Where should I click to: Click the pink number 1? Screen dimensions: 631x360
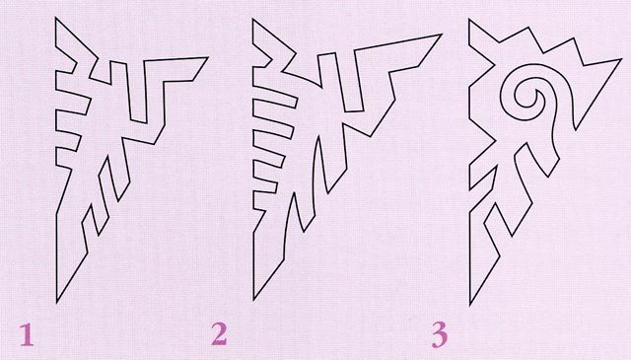[x=27, y=334]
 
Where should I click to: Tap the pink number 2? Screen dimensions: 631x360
[x=219, y=334]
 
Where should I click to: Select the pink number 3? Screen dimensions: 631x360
[x=440, y=335]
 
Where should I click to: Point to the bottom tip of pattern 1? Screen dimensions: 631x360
[x=57, y=303]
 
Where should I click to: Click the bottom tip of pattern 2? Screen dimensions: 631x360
[x=254, y=300]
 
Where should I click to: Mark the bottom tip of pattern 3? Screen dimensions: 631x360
[x=470, y=306]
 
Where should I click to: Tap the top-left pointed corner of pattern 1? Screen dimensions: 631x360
[x=56, y=18]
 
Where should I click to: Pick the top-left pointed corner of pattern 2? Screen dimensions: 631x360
[x=253, y=19]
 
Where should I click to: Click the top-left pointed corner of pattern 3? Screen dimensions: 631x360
[x=469, y=20]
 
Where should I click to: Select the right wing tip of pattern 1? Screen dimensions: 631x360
[x=208, y=57]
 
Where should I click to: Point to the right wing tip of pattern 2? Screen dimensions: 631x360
[x=442, y=35]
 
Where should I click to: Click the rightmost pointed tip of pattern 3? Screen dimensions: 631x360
[x=621, y=59]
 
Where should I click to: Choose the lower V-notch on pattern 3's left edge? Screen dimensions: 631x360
[x=495, y=141]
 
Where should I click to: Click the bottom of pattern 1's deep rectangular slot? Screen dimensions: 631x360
[x=138, y=121]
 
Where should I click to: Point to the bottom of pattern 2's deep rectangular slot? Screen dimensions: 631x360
[x=354, y=110]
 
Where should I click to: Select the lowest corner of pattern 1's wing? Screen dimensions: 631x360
[x=154, y=144]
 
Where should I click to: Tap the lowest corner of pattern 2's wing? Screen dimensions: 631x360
[x=371, y=137]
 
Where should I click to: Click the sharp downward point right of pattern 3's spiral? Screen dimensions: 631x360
[x=576, y=129]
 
